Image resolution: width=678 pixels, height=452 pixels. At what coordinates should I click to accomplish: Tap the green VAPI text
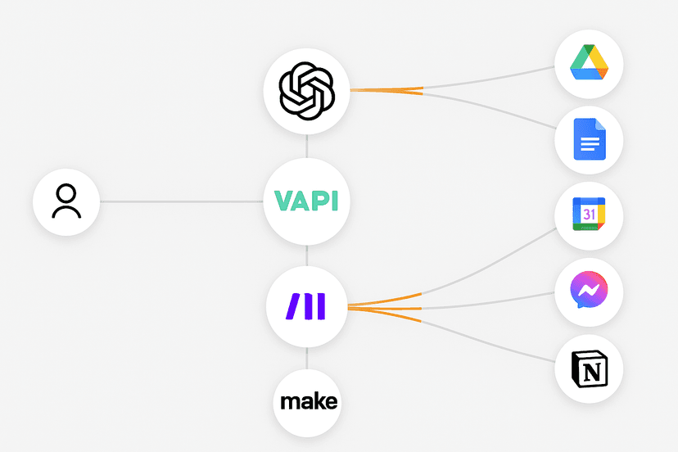tap(306, 201)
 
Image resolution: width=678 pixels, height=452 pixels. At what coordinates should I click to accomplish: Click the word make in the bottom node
tap(308, 402)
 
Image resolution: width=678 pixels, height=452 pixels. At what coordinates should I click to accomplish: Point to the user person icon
tap(66, 201)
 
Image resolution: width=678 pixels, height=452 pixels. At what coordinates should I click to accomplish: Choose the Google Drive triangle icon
tap(589, 63)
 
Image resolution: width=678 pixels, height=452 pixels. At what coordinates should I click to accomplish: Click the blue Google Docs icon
tap(589, 139)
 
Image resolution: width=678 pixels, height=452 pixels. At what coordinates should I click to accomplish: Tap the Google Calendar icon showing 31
tap(589, 215)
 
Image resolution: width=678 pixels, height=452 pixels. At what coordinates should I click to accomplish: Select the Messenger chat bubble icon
tap(589, 292)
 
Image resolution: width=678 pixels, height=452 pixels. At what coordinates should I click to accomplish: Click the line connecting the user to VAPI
tap(180, 201)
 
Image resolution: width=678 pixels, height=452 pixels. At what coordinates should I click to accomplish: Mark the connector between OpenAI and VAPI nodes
tap(306, 146)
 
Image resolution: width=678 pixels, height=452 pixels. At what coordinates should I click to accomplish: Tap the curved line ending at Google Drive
tap(491, 80)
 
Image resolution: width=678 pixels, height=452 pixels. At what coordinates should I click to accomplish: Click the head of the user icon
tap(66, 193)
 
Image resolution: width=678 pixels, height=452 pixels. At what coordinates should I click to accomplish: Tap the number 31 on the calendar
tap(589, 215)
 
